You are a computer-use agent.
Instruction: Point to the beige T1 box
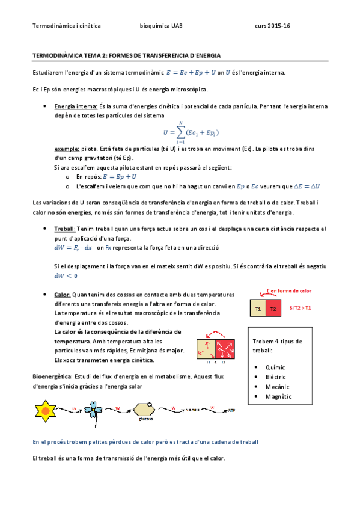(x=258, y=309)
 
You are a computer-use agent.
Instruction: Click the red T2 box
(x=273, y=309)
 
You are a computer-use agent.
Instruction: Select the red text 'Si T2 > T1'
(x=301, y=308)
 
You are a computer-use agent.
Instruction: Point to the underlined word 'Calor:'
(x=63, y=295)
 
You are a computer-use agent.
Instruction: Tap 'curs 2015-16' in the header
(x=272, y=26)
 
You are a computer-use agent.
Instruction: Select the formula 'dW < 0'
(x=66, y=276)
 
